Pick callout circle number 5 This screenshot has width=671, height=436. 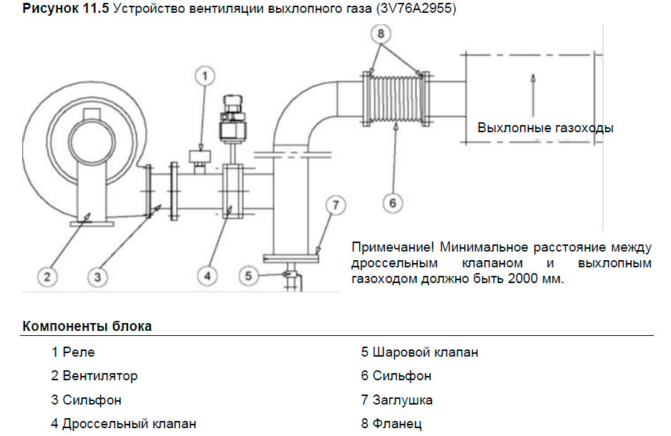247,275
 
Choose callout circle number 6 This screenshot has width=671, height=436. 392,204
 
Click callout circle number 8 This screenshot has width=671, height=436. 382,34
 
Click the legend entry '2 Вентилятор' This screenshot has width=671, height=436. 94,376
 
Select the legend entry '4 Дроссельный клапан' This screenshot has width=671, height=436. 123,424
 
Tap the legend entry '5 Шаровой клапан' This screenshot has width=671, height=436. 419,352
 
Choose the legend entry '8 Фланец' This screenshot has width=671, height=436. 391,424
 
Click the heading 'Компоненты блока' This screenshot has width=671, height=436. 87,327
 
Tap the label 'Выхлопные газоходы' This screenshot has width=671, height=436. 545,129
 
